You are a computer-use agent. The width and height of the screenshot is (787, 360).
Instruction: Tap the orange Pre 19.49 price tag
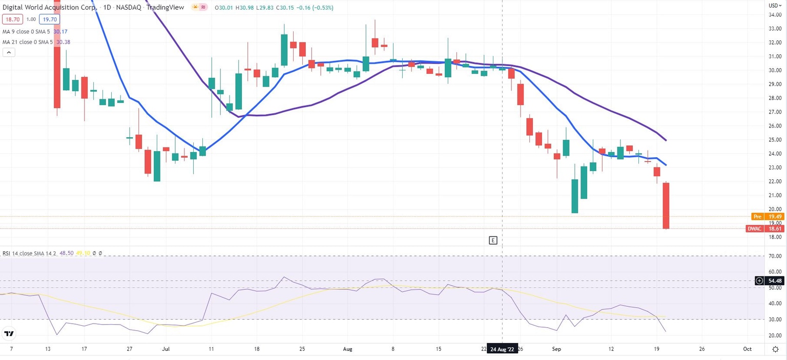[767, 217]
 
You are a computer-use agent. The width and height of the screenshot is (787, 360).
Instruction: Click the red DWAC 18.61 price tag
[765, 228]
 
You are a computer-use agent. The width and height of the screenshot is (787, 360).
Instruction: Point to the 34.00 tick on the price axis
[774, 14]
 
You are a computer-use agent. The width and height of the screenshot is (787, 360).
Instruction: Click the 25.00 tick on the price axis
[774, 140]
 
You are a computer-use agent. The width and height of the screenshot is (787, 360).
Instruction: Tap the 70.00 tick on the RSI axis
[774, 256]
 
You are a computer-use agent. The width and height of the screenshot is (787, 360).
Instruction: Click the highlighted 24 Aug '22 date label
[502, 349]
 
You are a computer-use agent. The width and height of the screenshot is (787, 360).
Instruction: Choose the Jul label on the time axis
[165, 349]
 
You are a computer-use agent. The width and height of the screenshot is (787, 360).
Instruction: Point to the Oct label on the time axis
[747, 349]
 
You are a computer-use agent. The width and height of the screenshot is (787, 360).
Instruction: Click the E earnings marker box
[493, 240]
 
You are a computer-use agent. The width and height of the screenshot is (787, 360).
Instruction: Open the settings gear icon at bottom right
[775, 349]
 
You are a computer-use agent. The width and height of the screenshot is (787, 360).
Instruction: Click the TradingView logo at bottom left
[9, 334]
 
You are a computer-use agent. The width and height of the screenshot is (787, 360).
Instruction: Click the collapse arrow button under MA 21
[9, 52]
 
